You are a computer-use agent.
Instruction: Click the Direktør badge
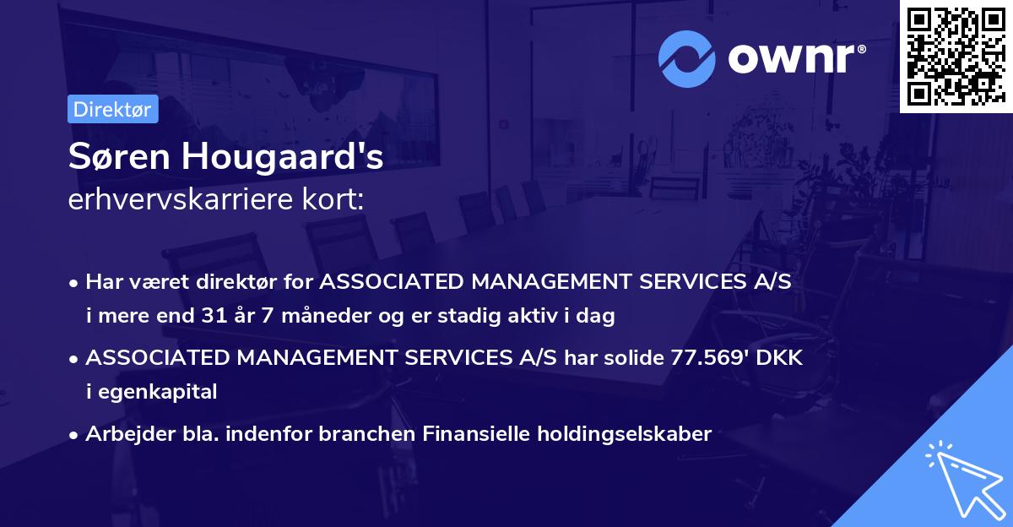coord(112,109)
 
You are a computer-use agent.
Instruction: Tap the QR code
coord(956,57)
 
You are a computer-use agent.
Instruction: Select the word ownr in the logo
coord(794,57)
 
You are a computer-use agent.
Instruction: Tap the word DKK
coord(779,358)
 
